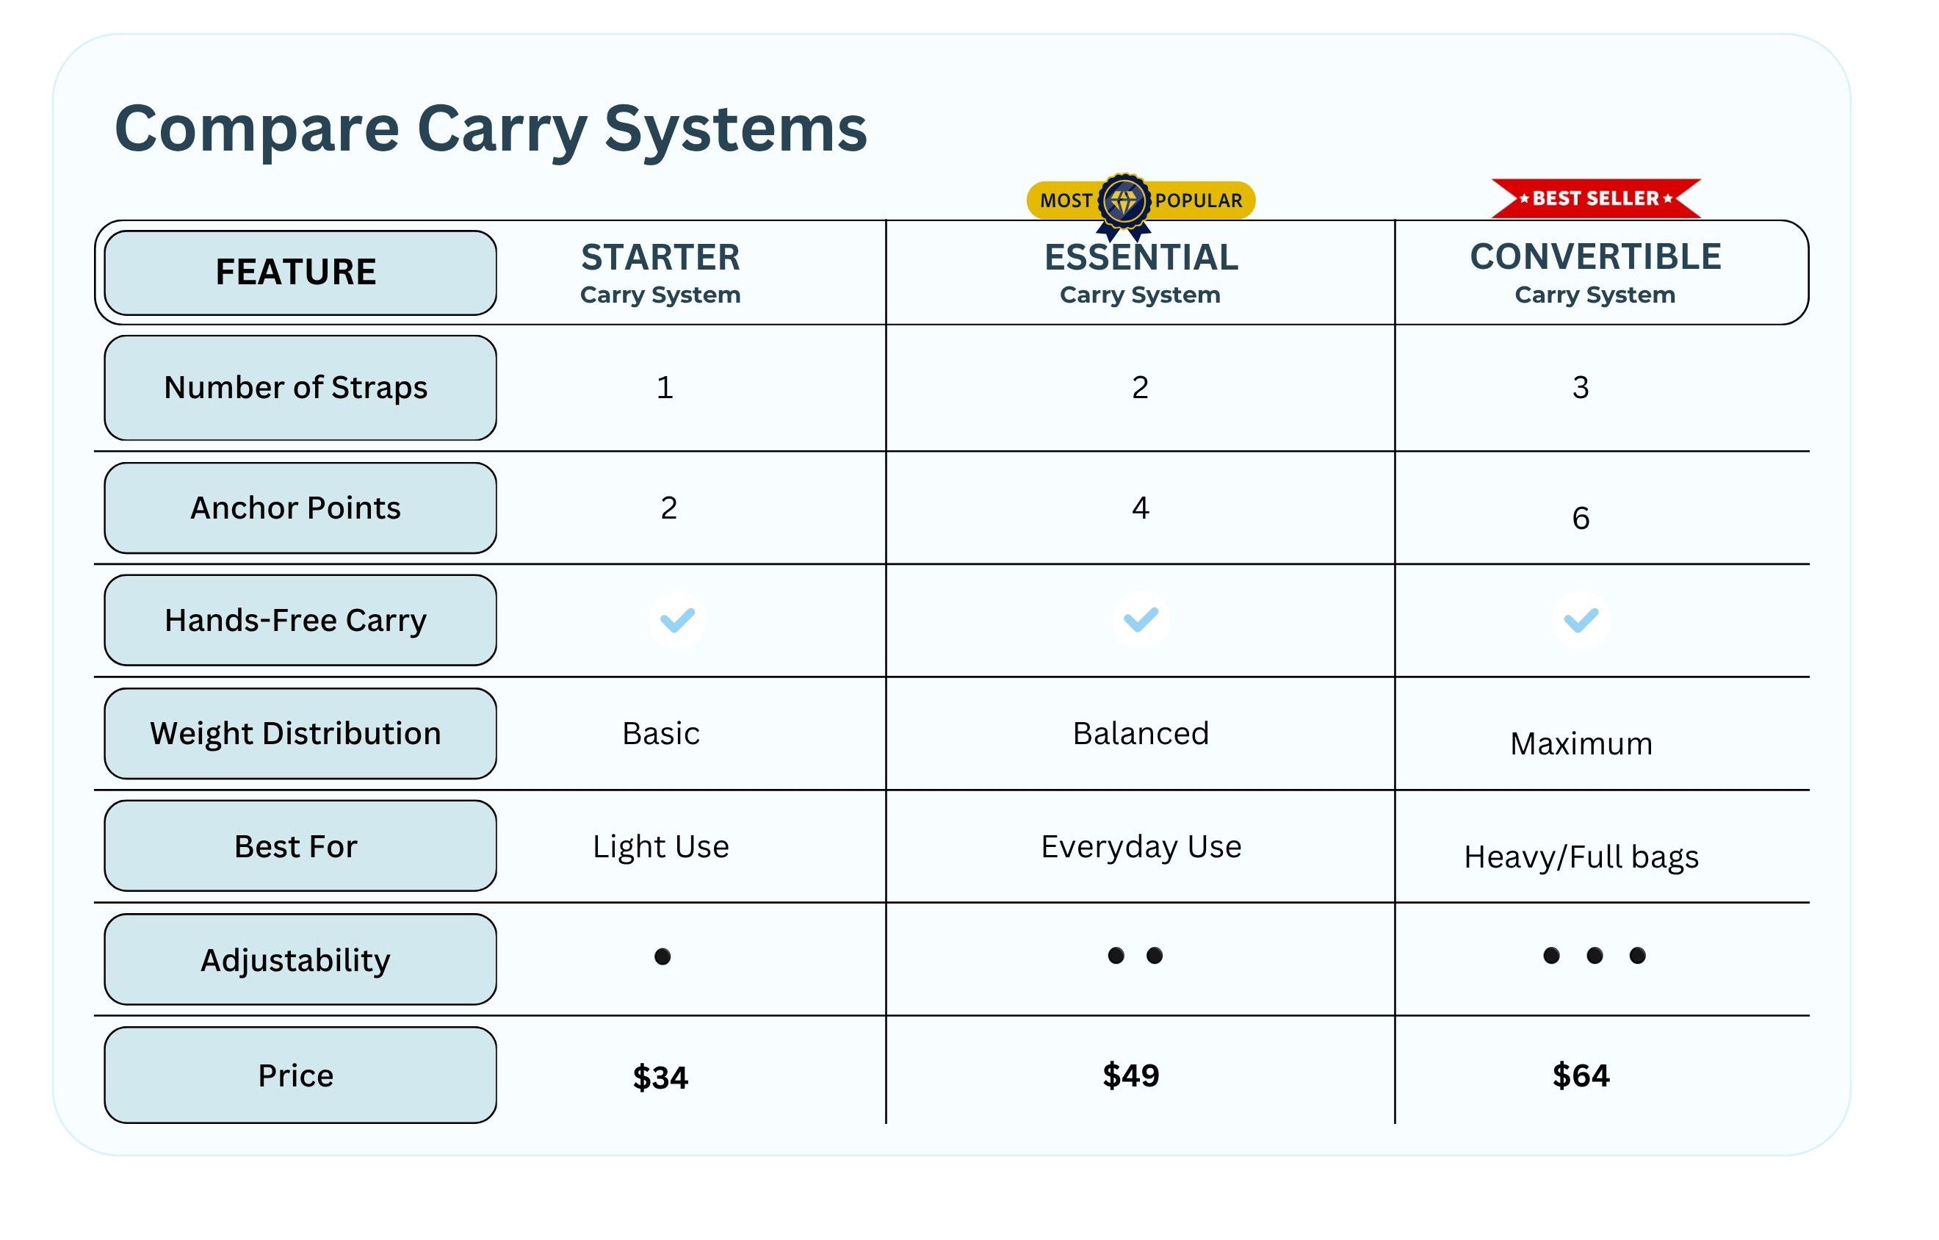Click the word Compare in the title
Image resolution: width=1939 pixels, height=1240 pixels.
point(257,129)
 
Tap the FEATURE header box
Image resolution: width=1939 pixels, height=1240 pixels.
point(300,272)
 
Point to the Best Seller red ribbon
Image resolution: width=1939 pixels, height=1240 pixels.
point(1596,198)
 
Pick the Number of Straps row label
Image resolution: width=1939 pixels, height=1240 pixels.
point(295,387)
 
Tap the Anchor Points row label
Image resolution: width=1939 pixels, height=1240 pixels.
point(295,508)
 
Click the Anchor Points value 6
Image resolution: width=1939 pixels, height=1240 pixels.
point(1581,518)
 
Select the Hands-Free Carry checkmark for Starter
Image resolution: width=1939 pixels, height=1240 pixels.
point(677,620)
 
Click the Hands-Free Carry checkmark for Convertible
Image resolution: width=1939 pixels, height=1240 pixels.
point(1581,620)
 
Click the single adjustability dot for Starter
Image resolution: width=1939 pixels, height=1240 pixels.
point(662,956)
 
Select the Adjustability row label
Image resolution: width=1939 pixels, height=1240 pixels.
point(295,961)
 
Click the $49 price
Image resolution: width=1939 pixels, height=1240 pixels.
point(1130,1075)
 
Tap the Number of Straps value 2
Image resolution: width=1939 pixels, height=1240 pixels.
point(1139,387)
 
